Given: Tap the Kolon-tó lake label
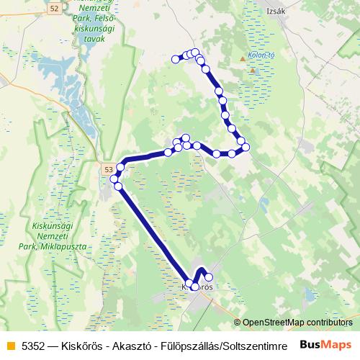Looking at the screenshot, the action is [x=262, y=55].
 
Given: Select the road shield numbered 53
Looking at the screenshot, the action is [x=108, y=169].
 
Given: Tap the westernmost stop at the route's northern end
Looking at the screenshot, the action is [x=175, y=59].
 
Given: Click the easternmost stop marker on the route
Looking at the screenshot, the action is [x=246, y=147].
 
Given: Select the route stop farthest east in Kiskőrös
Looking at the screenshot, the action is [x=209, y=277].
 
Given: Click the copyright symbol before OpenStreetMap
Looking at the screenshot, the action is [x=238, y=322].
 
